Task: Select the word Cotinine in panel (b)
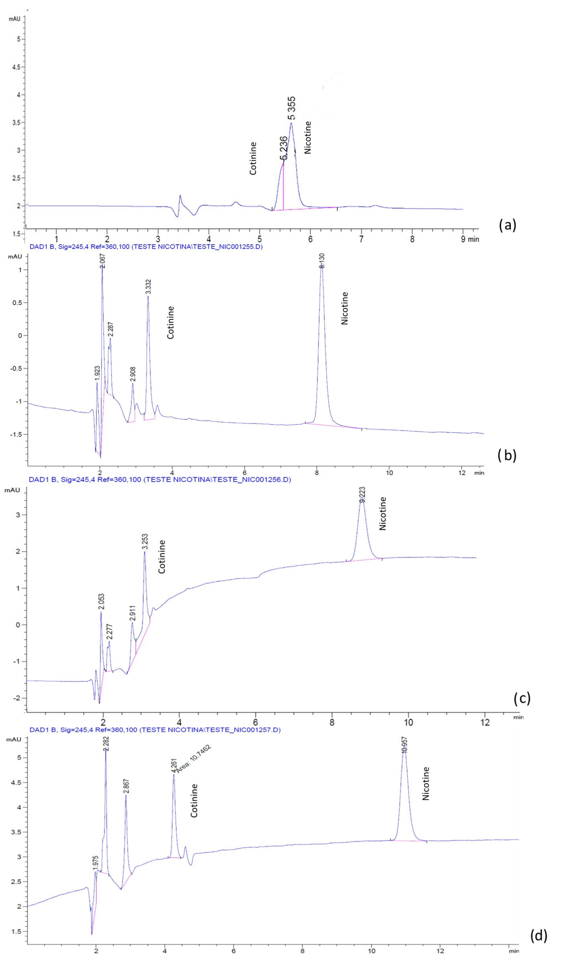170,322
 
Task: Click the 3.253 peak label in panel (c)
145,542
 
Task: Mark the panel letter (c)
522,698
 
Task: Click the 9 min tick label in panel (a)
470,239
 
